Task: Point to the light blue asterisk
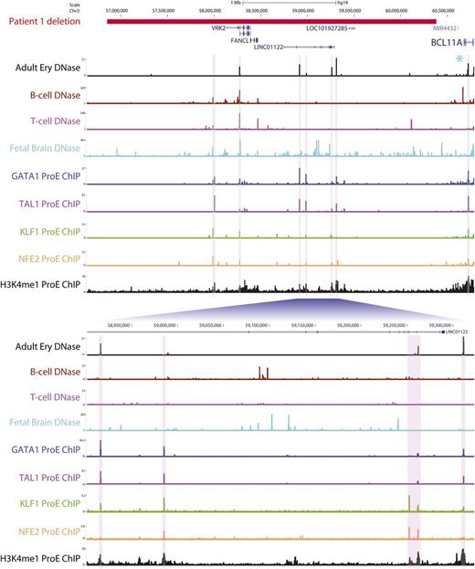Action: (459, 58)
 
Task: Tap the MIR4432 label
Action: (445, 28)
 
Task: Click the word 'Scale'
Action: (87, 4)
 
